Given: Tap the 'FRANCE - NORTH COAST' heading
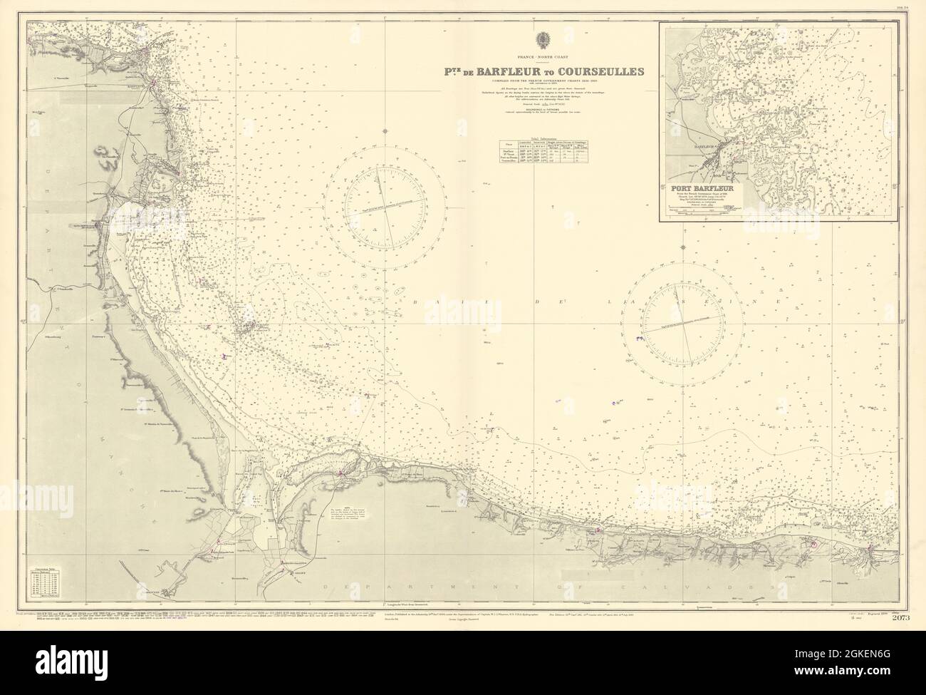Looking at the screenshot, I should (546, 56).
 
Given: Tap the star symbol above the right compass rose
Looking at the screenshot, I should (683, 248).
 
